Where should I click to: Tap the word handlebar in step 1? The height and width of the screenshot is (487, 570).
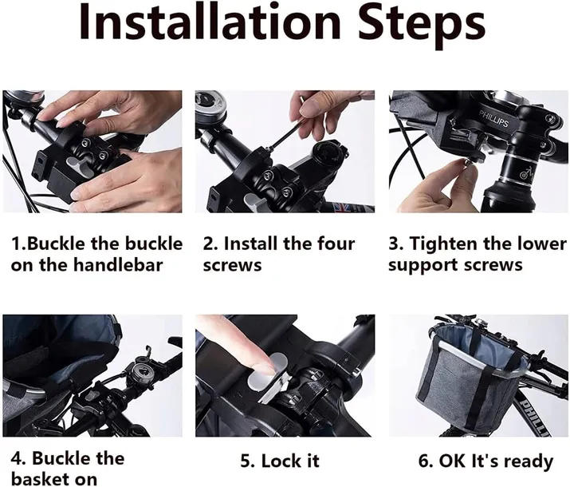[118, 264]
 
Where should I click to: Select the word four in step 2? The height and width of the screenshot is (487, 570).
[336, 243]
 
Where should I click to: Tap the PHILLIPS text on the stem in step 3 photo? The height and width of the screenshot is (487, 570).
[493, 119]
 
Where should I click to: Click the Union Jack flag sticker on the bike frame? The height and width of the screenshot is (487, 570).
[344, 207]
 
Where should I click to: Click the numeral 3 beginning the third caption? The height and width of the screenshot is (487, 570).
[393, 243]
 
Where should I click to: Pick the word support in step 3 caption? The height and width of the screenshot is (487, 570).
[420, 266]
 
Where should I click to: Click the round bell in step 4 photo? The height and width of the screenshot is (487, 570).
[140, 370]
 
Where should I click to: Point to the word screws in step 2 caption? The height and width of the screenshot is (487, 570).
[232, 265]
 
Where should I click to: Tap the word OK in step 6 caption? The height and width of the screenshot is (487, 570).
[452, 461]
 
